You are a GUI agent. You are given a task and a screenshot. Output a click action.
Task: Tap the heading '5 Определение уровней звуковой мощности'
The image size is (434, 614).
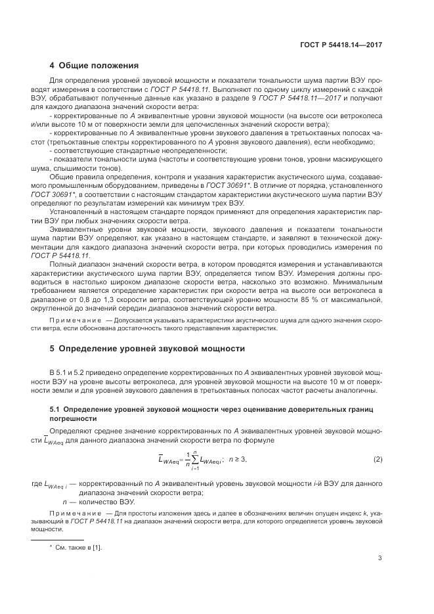(148, 348)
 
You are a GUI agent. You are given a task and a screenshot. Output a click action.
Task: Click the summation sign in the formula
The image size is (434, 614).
(194, 459)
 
